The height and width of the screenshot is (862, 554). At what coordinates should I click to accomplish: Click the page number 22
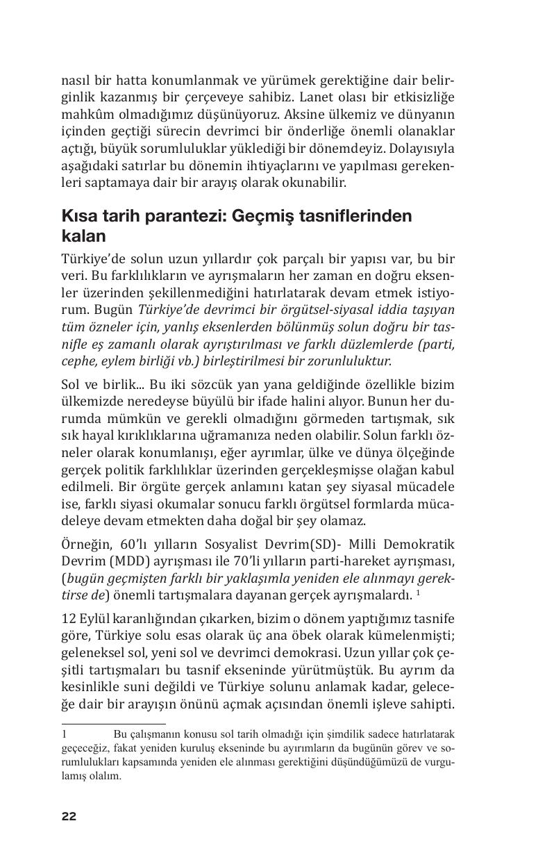coord(69,816)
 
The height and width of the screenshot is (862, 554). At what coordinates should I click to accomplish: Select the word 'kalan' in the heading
coord(83,236)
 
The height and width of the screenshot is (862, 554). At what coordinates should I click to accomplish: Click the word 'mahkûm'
coord(87,115)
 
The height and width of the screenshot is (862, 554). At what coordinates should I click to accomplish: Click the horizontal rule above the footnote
coord(114,724)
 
